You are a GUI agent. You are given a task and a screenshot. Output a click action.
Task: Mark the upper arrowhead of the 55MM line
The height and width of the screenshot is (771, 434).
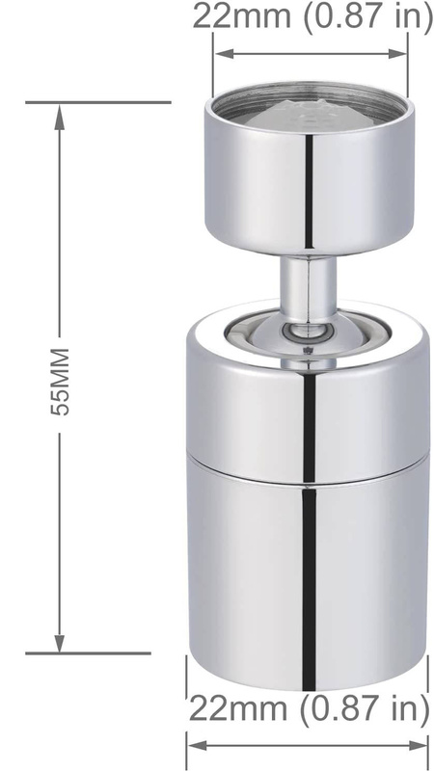tap(61, 109)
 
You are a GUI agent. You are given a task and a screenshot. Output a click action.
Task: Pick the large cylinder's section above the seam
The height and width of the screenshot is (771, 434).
tap(251, 405)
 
